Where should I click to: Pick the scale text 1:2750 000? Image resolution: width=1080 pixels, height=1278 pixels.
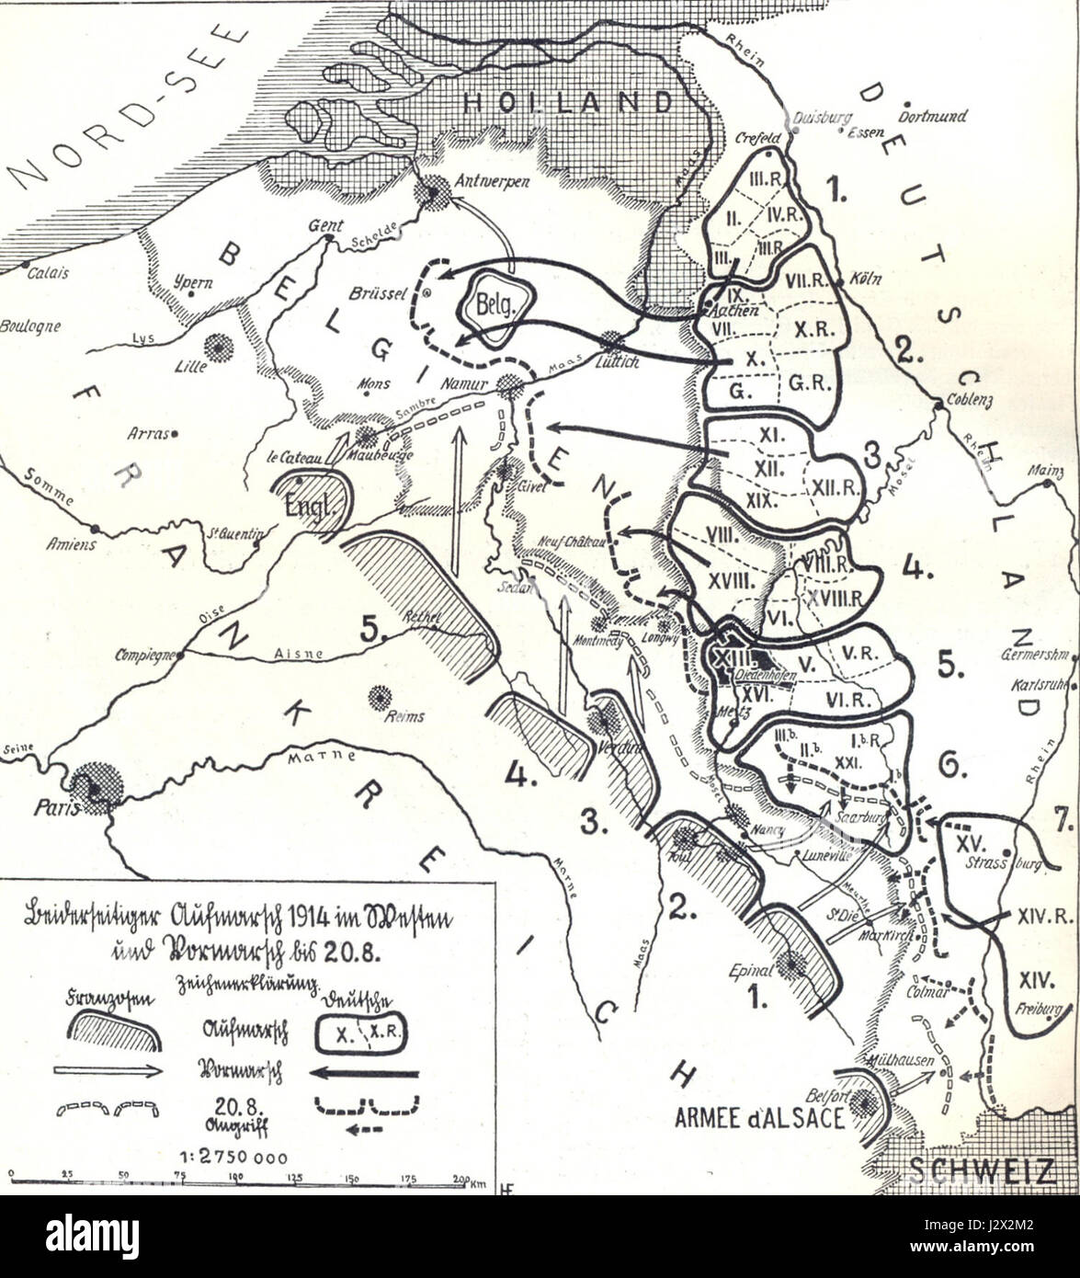point(244,1158)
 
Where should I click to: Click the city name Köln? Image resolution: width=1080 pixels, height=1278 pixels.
point(866,279)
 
